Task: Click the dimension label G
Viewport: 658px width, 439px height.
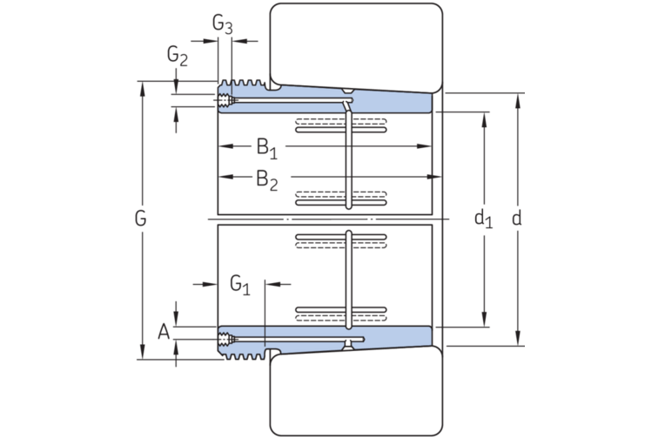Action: click(140, 219)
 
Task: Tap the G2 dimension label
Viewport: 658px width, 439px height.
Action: click(178, 57)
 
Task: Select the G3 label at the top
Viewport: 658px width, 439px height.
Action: click(223, 24)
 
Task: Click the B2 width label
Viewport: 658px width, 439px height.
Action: click(266, 179)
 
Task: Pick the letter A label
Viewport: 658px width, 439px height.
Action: click(163, 331)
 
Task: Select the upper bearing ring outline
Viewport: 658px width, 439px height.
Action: click(355, 44)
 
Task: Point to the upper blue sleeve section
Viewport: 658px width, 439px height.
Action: click(383, 103)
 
